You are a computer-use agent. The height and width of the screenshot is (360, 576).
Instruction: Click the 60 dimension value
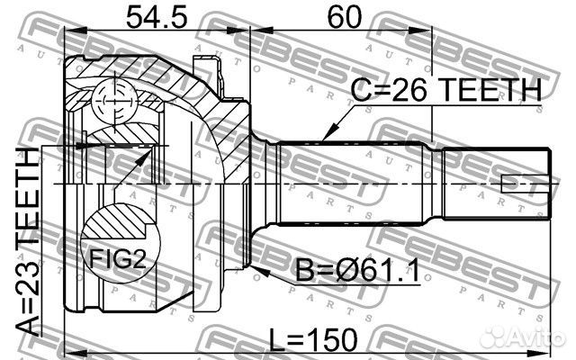click(x=344, y=18)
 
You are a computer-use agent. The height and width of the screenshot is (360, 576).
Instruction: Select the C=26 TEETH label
click(x=446, y=90)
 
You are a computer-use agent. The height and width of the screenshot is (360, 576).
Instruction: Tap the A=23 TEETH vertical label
click(x=28, y=241)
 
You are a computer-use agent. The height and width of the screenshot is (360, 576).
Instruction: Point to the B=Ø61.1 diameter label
click(x=358, y=271)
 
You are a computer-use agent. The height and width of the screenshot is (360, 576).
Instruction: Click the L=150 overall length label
click(x=313, y=340)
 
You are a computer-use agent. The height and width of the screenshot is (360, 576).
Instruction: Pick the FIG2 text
click(x=118, y=258)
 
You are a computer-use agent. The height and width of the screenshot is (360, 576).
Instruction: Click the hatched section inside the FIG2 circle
click(x=116, y=223)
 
